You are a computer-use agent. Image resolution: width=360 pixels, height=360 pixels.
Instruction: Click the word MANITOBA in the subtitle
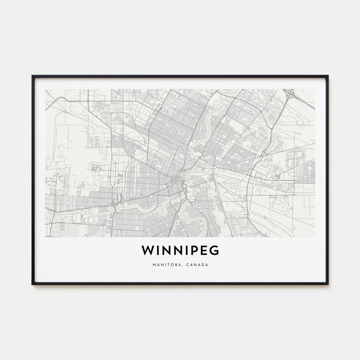165,265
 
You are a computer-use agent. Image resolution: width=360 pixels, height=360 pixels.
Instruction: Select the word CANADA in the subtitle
197,265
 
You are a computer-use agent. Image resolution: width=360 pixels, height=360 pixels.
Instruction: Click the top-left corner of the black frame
32,76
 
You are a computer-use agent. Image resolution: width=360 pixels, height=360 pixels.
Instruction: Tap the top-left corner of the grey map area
46,89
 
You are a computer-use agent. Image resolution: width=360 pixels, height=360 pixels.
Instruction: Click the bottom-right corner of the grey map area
314,237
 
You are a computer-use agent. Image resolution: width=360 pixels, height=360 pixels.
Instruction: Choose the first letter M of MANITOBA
153,265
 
